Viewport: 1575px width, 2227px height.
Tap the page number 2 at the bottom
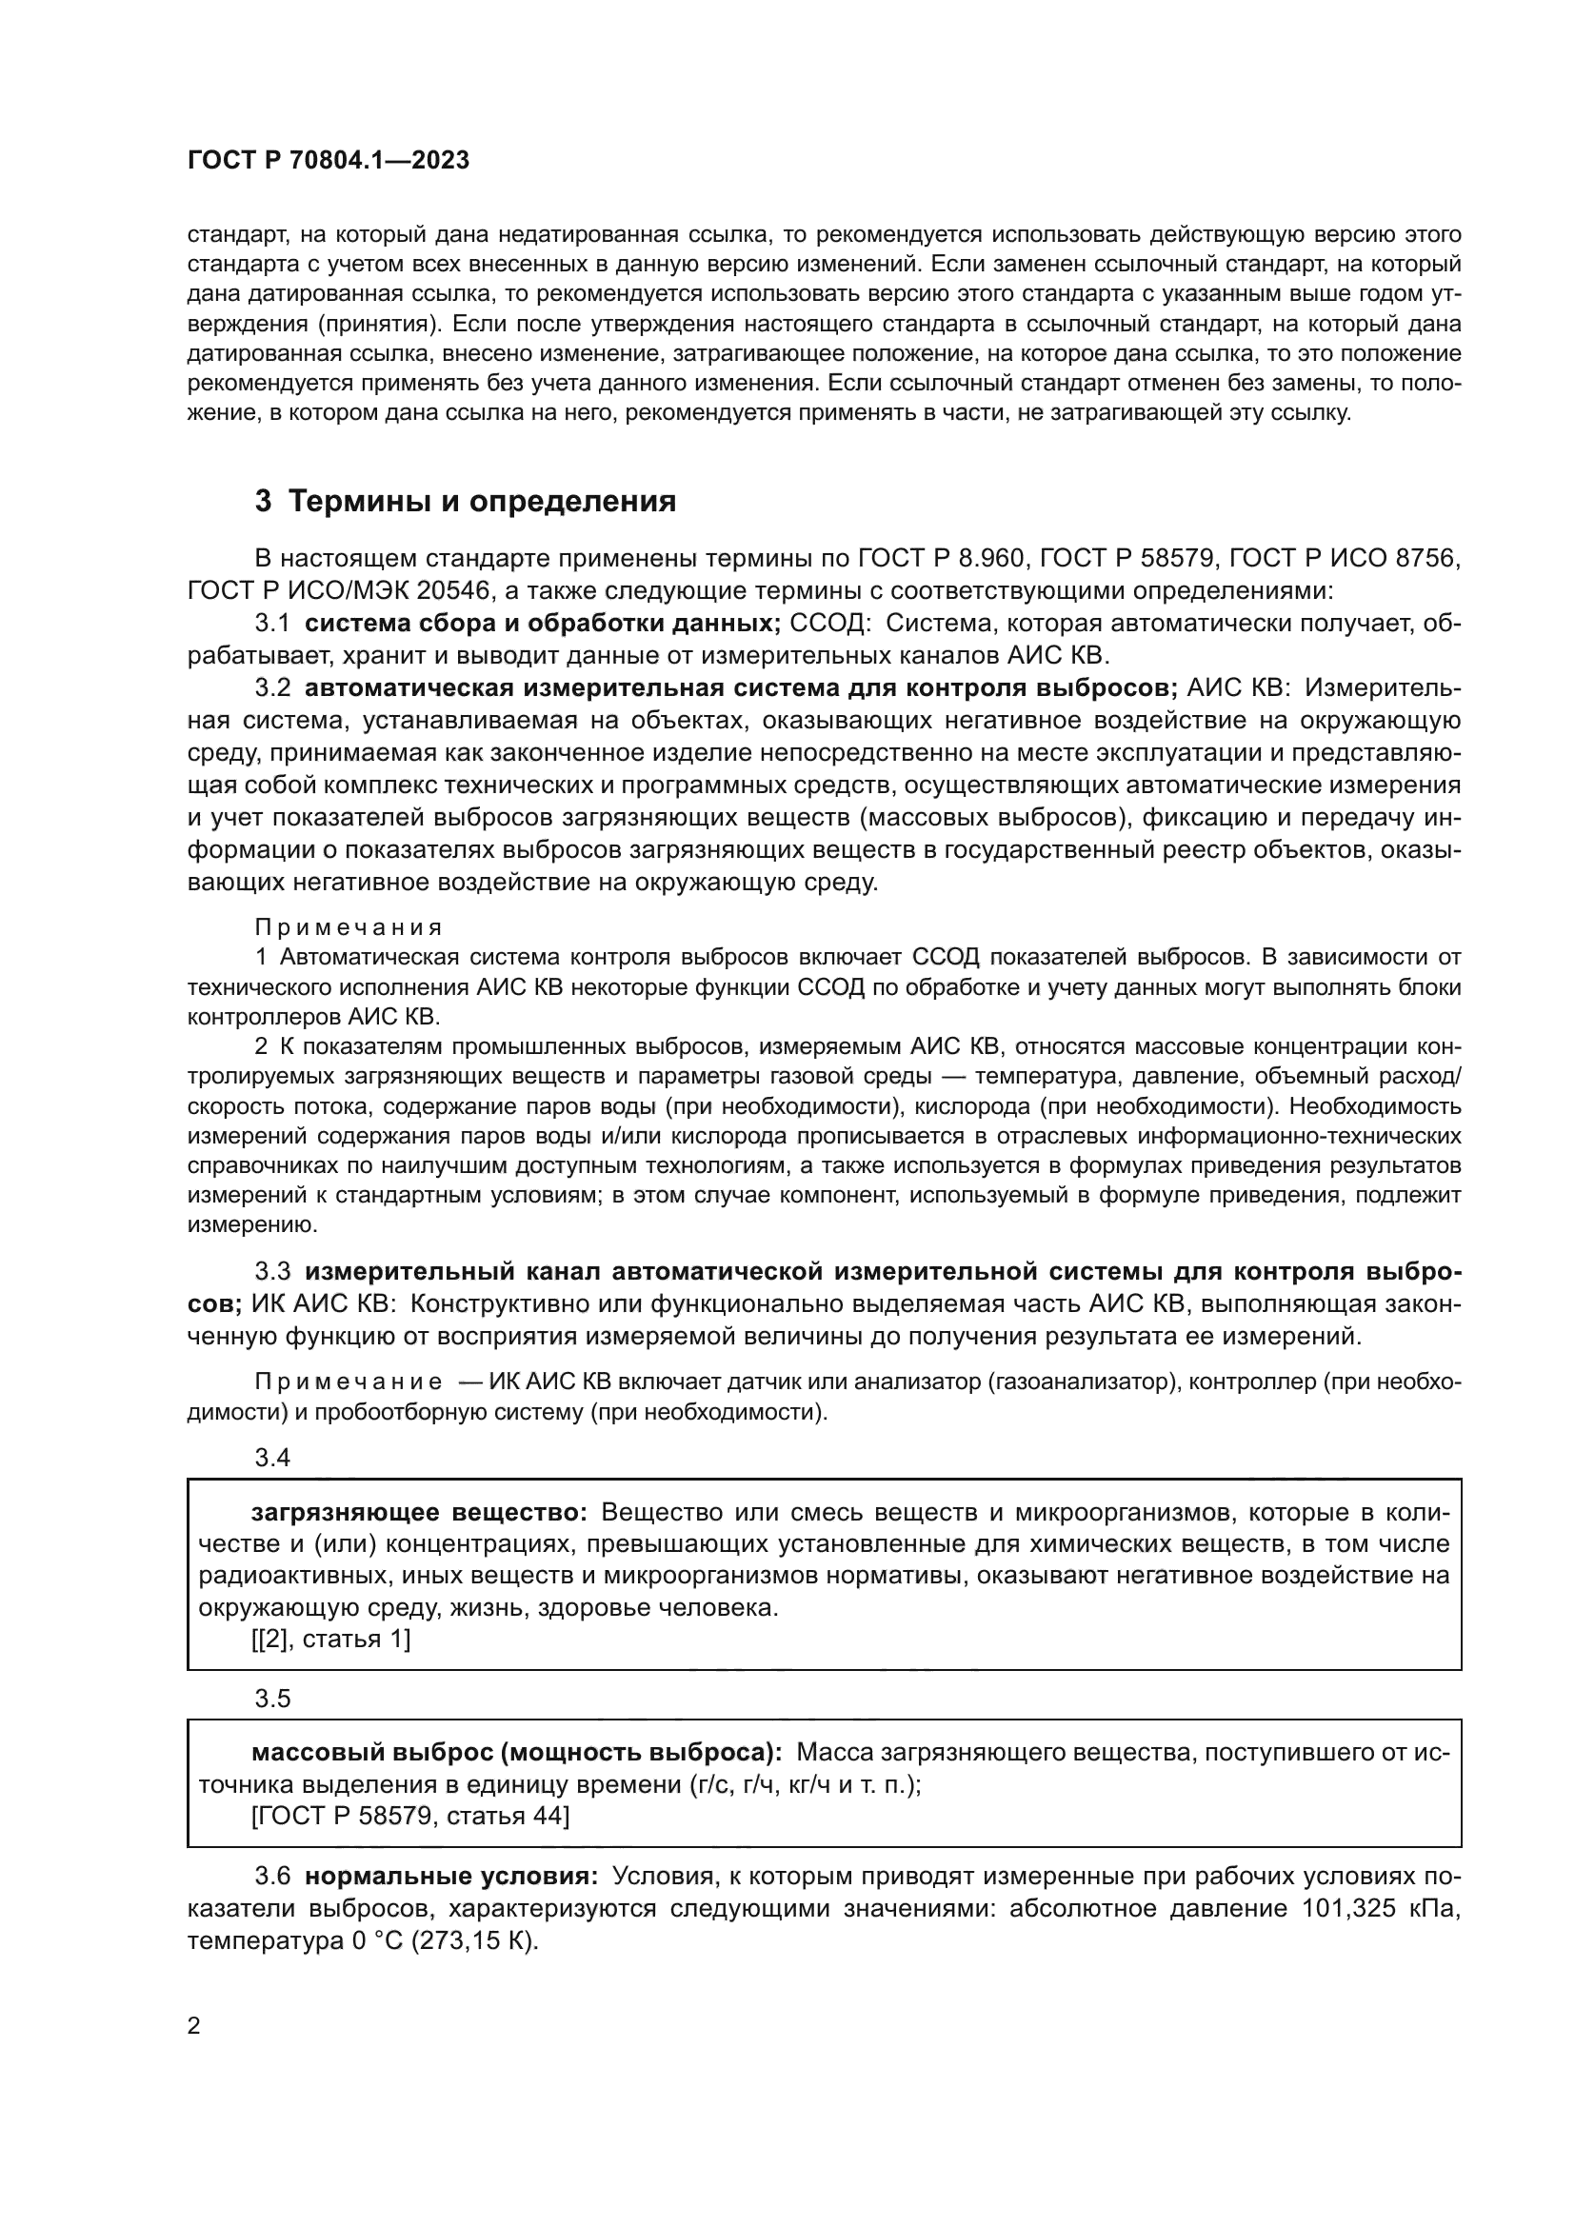point(194,2026)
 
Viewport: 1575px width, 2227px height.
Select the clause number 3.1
point(272,623)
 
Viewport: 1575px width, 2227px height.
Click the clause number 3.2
point(272,687)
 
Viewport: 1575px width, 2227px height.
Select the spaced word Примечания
point(349,927)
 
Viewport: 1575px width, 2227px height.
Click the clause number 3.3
point(272,1271)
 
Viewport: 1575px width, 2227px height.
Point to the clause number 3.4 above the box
point(272,1457)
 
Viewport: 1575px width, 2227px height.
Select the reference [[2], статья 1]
point(330,1640)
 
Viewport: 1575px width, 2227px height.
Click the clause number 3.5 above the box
point(272,1698)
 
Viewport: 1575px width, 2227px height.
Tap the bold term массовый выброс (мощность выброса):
point(516,1753)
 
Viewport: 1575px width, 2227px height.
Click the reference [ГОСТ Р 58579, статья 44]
point(410,1816)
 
